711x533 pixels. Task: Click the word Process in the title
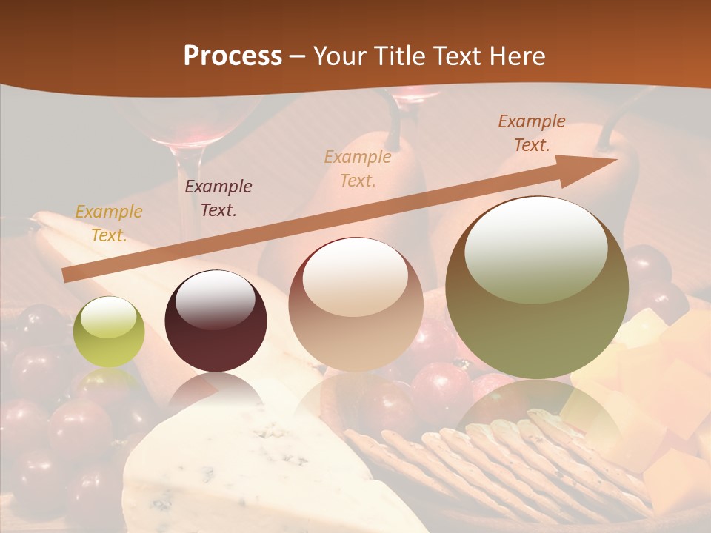[x=233, y=56]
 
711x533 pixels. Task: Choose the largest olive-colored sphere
[x=537, y=289]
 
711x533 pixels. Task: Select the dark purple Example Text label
[x=218, y=198]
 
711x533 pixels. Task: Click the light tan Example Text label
[x=358, y=168]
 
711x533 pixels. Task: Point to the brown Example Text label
[x=532, y=133]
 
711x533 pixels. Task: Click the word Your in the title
[x=341, y=56]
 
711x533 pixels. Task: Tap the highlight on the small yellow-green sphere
[x=108, y=318]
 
